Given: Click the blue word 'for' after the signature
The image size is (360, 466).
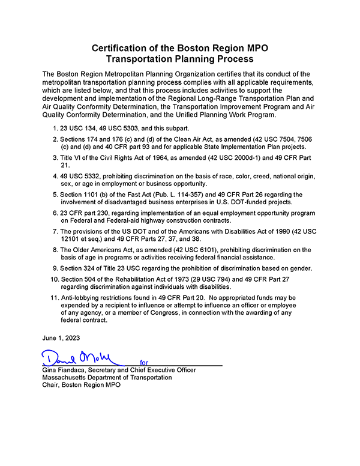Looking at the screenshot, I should click(x=144, y=363).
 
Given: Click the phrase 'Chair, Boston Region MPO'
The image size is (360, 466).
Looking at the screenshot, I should click(x=82, y=385).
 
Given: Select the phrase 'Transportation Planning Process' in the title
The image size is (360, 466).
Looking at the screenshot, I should click(x=180, y=59).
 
